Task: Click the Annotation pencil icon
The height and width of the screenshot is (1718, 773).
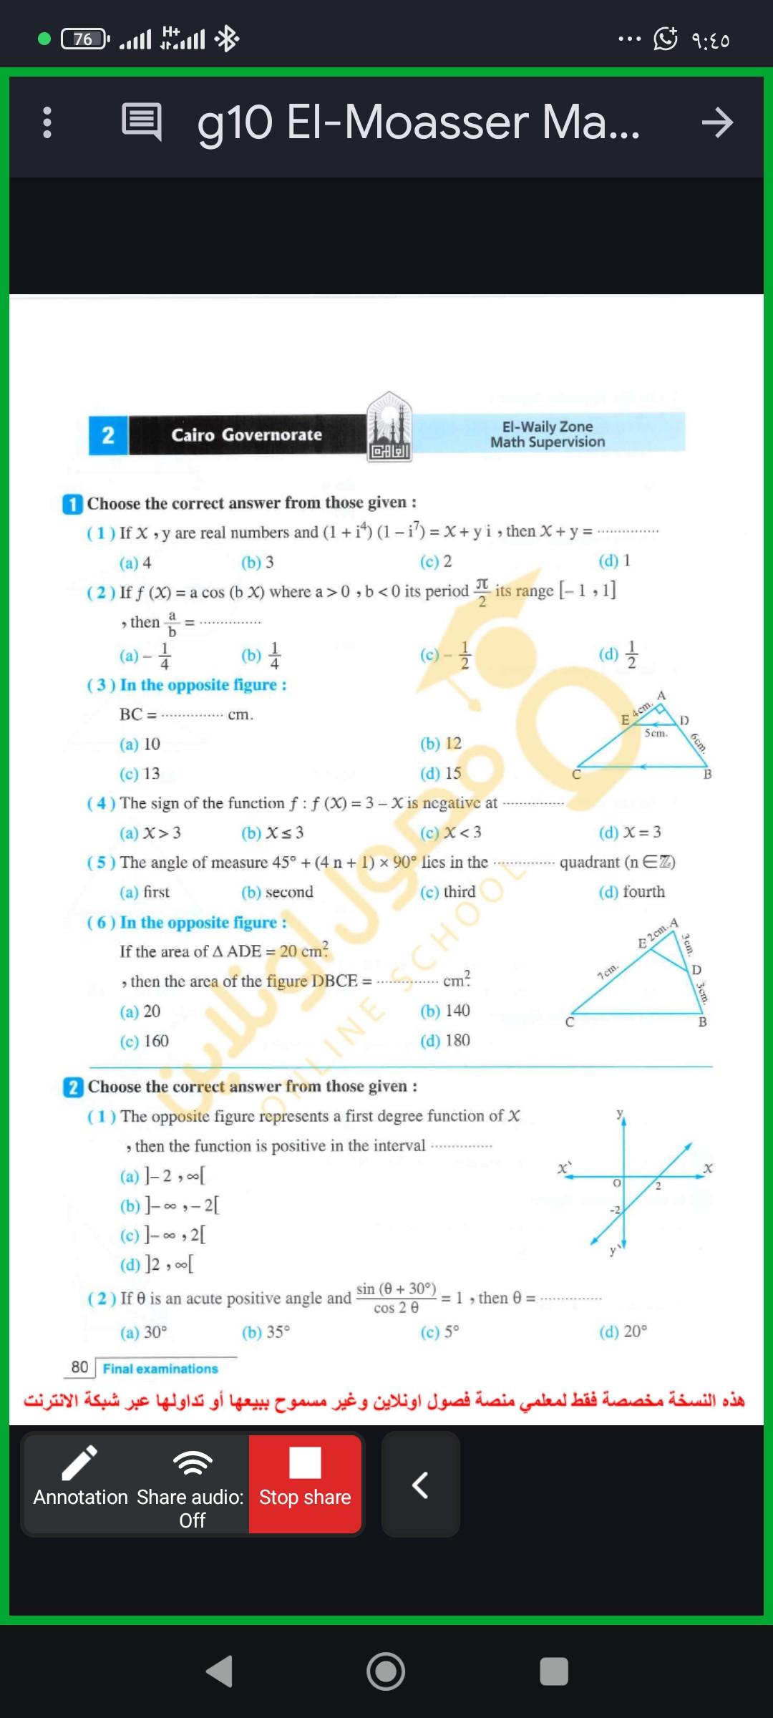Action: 79,1462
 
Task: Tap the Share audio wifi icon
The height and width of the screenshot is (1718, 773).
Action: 193,1462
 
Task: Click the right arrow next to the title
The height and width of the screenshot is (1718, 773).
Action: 716,123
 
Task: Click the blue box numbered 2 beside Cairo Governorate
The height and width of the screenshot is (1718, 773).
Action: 108,435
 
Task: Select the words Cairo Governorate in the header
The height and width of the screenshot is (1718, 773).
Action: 246,435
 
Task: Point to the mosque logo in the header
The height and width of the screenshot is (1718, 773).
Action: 389,427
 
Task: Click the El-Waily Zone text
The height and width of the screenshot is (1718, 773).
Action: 548,427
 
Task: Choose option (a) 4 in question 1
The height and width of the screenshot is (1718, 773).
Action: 136,563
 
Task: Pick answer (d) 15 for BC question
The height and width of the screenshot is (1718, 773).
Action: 441,774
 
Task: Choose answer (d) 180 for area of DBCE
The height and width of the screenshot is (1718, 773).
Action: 445,1040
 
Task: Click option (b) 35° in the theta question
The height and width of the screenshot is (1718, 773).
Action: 266,1332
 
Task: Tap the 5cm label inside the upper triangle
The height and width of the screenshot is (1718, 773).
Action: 656,733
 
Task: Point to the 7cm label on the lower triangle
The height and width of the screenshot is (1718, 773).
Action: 607,971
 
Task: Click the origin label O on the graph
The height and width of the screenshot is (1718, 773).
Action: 616,1184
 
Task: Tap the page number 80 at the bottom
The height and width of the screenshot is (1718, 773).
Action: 79,1367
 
